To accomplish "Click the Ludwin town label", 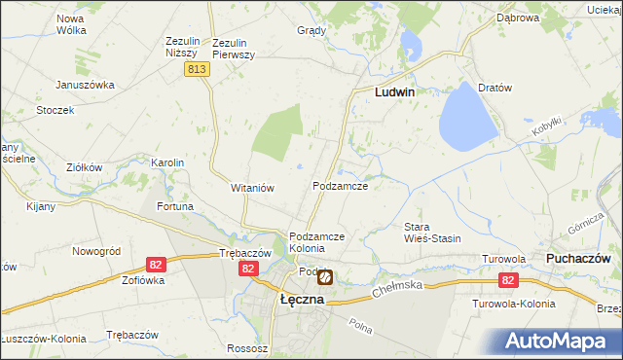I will click(x=395, y=91).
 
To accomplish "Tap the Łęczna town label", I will click(x=302, y=300).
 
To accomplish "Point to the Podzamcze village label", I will click(x=340, y=185).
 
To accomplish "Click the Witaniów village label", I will click(x=254, y=187).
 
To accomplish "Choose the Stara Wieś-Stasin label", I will click(x=432, y=233).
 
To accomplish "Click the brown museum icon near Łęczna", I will click(x=325, y=277).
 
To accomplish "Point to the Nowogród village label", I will click(x=95, y=250).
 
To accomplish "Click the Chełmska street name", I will click(x=398, y=286).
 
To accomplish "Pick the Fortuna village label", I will click(x=175, y=206).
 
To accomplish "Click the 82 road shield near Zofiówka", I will click(x=155, y=264).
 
